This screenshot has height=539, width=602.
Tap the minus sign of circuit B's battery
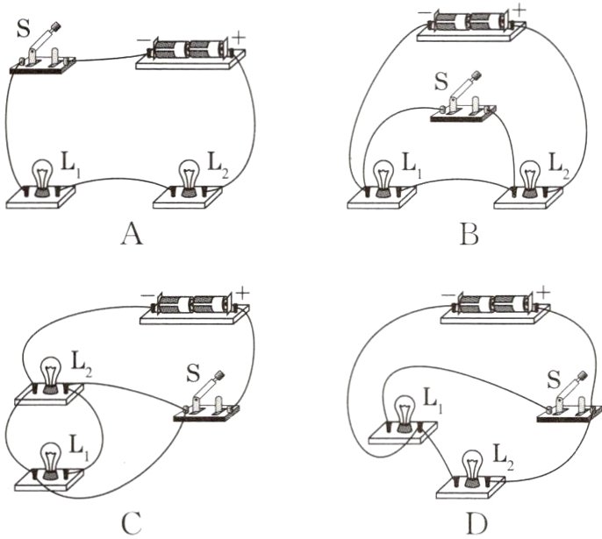pos(424,9)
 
